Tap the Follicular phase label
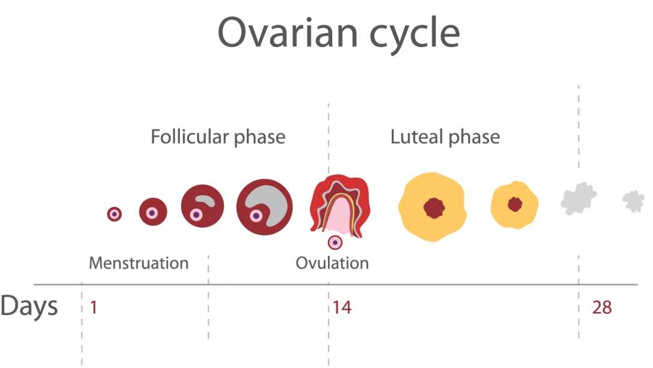tap(218, 137)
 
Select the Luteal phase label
tap(445, 137)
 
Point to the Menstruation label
tap(138, 263)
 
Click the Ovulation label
tap(332, 263)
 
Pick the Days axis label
tap(29, 307)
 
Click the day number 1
tap(93, 308)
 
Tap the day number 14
tap(341, 308)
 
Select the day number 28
tap(602, 308)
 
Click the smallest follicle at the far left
tap(114, 214)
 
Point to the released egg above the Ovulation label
tap(335, 242)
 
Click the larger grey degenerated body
tap(578, 198)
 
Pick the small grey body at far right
tap(633, 201)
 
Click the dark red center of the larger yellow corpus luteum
tap(433, 208)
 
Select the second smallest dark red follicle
tap(153, 211)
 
